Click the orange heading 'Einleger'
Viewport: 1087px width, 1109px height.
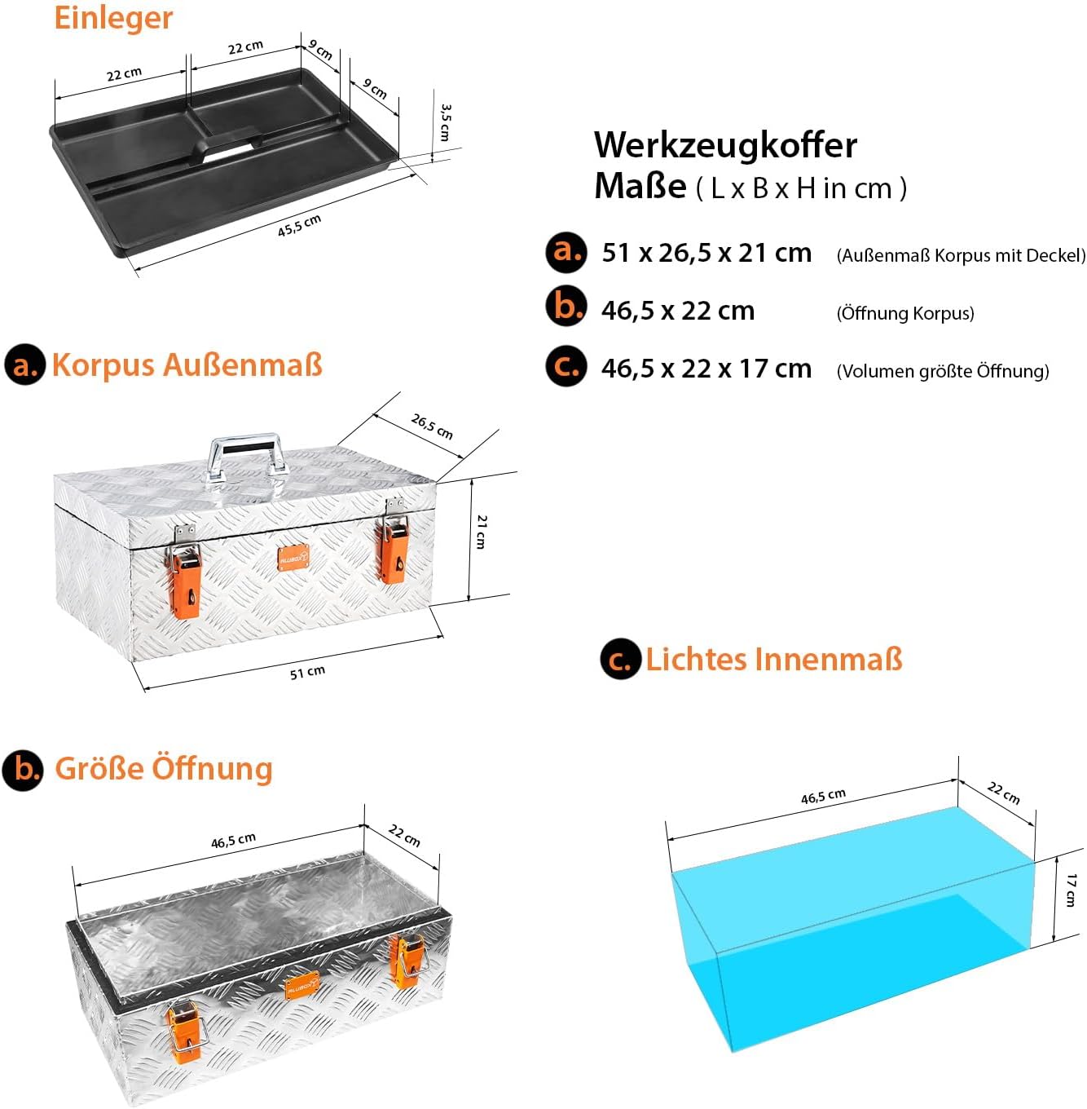coord(113,19)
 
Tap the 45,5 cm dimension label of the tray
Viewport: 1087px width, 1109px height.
coord(299,225)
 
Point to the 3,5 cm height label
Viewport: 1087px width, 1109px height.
coord(445,122)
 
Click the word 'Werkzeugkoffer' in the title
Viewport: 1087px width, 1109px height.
coord(725,145)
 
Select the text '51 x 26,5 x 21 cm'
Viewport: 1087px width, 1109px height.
coord(706,254)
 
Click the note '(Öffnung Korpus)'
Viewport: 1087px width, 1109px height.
coord(905,313)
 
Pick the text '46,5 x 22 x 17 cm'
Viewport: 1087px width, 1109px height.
coord(706,369)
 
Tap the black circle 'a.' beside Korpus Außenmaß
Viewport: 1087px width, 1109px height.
coord(24,365)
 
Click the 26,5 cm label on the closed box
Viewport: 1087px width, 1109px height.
coord(431,426)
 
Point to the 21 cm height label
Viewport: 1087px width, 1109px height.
coord(481,532)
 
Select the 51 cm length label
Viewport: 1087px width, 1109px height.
coord(307,672)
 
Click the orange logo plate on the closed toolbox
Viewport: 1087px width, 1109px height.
coord(293,557)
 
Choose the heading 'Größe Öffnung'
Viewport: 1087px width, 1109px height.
coord(163,770)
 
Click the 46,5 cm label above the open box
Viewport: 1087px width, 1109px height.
coord(233,841)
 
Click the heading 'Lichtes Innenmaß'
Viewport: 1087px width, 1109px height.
coord(773,660)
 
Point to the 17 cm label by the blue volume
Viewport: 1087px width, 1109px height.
coord(1070,890)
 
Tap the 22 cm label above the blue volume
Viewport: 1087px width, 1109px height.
coord(1003,793)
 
